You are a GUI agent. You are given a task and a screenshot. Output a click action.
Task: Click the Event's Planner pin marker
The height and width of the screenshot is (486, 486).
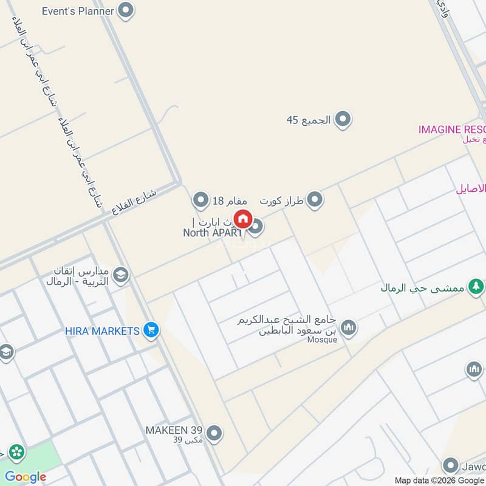click(125, 10)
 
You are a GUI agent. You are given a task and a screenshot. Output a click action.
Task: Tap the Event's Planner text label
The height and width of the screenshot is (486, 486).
click(78, 11)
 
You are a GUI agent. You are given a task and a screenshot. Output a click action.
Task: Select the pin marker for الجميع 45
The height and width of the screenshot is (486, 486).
click(343, 119)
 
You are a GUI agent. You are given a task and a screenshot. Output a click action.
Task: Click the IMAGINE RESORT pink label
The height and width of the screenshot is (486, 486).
click(452, 129)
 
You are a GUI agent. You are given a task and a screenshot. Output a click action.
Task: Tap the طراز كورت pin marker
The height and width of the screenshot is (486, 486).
click(314, 199)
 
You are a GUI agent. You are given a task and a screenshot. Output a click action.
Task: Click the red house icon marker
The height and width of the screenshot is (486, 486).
click(243, 218)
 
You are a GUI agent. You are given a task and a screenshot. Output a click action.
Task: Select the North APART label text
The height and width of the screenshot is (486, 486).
click(213, 232)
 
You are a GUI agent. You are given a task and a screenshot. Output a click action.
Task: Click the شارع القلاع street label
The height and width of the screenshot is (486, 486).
click(134, 202)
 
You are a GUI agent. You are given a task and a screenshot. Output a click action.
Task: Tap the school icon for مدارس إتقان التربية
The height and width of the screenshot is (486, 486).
click(120, 275)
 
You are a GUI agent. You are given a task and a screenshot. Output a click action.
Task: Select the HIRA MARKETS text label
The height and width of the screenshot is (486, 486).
click(103, 331)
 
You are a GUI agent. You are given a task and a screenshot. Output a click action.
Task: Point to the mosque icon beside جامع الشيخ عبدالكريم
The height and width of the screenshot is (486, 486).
click(348, 328)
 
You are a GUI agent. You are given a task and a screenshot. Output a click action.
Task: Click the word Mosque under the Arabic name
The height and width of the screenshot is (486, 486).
click(322, 340)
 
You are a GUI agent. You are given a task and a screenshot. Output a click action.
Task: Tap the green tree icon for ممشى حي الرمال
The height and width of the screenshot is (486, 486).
click(476, 286)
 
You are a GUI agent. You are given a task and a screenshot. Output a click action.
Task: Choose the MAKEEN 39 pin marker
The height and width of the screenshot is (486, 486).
click(213, 433)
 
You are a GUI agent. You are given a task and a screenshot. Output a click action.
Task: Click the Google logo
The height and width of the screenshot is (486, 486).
click(26, 477)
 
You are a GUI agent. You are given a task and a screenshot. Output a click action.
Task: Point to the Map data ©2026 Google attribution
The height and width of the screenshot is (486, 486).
click(439, 479)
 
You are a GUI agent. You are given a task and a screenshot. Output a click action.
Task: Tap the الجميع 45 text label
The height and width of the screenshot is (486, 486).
click(309, 120)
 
